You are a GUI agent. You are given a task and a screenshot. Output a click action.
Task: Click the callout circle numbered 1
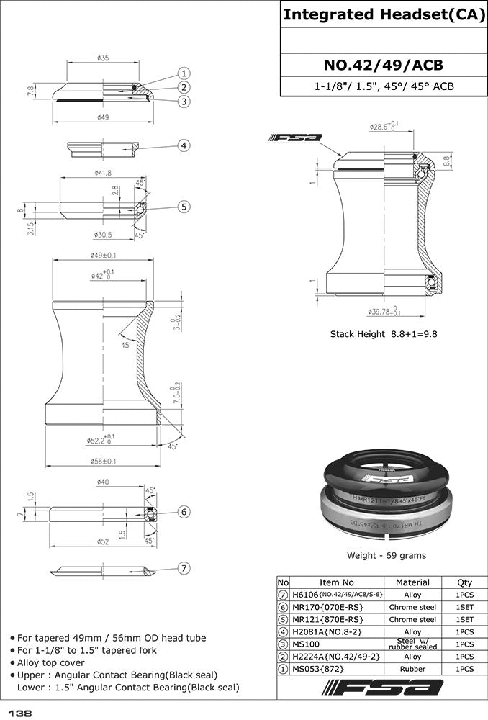(x=184, y=73)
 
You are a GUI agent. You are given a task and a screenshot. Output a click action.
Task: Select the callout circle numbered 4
(x=184, y=145)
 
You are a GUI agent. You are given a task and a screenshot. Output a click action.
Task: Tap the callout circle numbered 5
(x=184, y=207)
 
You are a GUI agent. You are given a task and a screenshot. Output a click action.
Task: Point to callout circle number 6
(x=184, y=511)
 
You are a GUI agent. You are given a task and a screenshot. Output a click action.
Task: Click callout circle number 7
(x=184, y=569)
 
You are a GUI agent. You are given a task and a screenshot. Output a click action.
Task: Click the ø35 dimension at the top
(x=102, y=58)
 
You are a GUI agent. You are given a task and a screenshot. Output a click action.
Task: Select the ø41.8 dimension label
(x=102, y=174)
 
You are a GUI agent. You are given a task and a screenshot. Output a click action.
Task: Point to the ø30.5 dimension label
(x=102, y=235)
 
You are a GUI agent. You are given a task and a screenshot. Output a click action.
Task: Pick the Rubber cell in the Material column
(x=412, y=669)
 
